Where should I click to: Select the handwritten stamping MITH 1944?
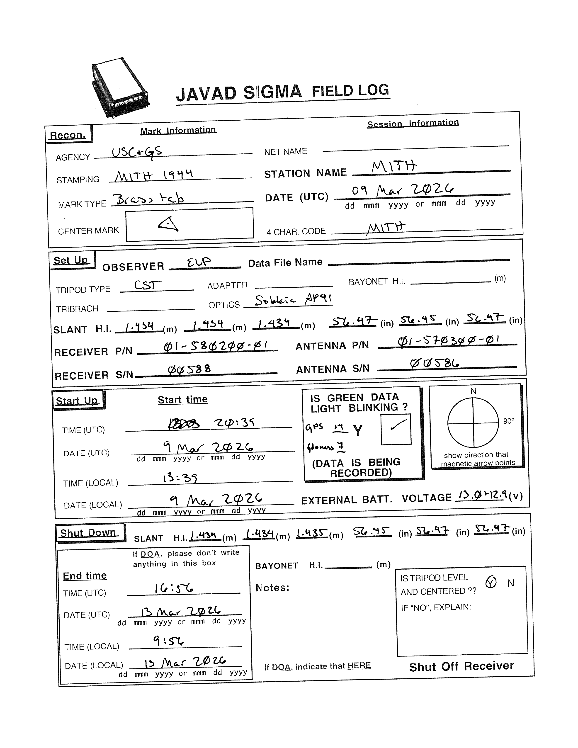[x=154, y=176]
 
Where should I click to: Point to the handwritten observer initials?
[x=199, y=263]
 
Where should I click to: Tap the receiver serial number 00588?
[x=189, y=369]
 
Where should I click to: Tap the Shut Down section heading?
[x=88, y=533]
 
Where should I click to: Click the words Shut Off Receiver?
[x=461, y=666]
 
